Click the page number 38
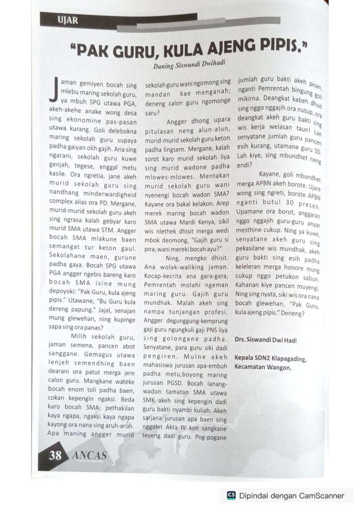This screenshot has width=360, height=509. (56, 455)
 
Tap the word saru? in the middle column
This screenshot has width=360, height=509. (151, 113)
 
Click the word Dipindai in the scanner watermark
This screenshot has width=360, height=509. (254, 495)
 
